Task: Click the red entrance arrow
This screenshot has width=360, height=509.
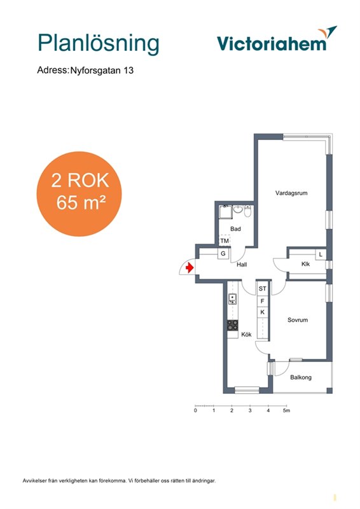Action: (x=190, y=268)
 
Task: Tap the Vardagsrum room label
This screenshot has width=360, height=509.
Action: (x=291, y=193)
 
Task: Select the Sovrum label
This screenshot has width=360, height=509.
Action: (x=297, y=320)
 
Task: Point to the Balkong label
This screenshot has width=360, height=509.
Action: (x=301, y=377)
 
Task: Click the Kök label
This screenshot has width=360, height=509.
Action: (x=246, y=335)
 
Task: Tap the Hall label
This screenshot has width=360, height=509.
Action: (x=242, y=265)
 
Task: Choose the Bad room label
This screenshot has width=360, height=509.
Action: (x=235, y=229)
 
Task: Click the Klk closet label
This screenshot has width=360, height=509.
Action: (x=305, y=264)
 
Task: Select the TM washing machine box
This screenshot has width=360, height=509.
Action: (x=225, y=241)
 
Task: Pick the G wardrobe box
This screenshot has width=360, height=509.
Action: (x=223, y=253)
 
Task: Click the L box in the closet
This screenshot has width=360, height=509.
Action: (x=321, y=254)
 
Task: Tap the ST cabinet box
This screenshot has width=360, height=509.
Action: (x=262, y=288)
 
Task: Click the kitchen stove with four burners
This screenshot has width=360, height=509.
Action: (x=232, y=325)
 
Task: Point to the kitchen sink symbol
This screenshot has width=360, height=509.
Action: (x=232, y=298)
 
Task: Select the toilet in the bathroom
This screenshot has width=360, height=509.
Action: (x=247, y=211)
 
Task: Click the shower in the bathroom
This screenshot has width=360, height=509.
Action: (x=225, y=212)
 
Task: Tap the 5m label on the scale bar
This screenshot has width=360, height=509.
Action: (x=286, y=410)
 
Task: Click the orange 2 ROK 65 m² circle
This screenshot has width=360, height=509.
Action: (x=79, y=194)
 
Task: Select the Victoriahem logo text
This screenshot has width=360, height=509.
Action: (x=272, y=43)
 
